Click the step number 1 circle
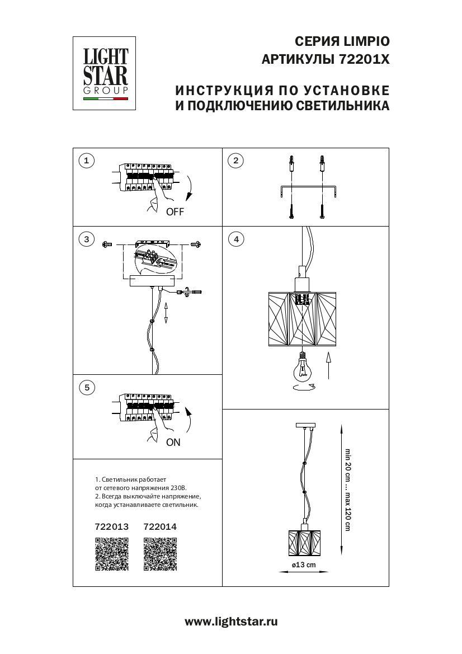(86, 161)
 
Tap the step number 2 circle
(236, 161)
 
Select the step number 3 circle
(86, 239)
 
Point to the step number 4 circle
(236, 239)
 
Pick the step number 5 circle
(86, 387)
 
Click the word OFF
(175, 212)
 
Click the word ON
(173, 442)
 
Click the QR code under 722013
(112, 554)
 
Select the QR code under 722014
(160, 554)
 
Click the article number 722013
(112, 526)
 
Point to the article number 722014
(160, 526)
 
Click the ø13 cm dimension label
(304, 564)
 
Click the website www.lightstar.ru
(231, 621)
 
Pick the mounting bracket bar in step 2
(307, 189)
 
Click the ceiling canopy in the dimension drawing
(304, 426)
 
